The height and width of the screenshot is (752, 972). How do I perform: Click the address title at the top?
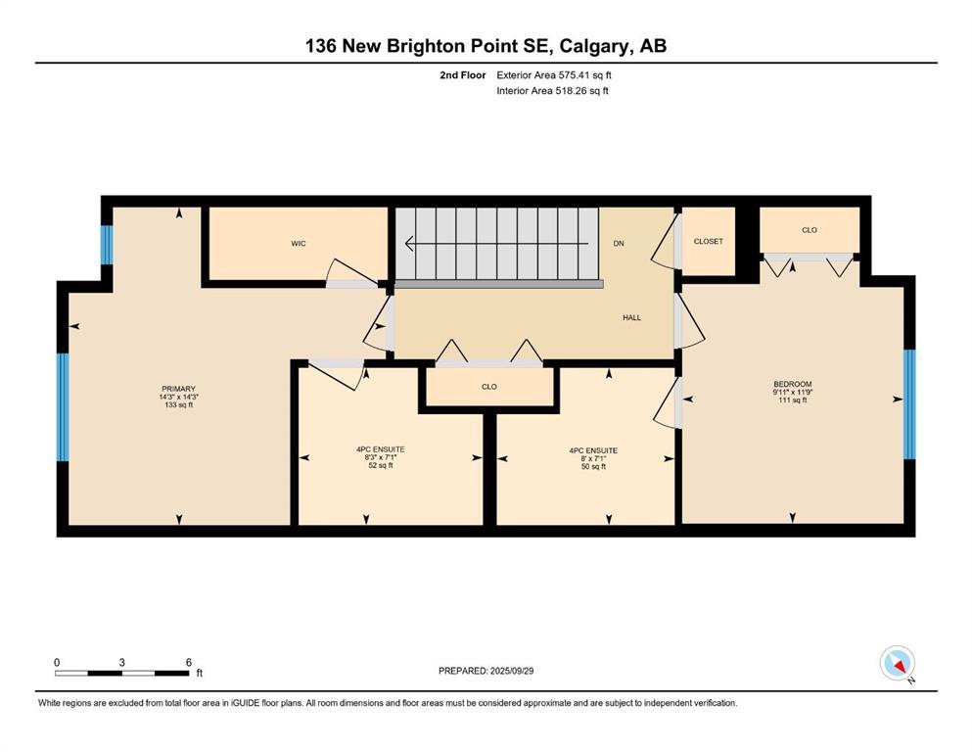click(486, 46)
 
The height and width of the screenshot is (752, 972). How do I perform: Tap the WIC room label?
click(299, 243)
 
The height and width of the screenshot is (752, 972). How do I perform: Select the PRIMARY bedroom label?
click(178, 389)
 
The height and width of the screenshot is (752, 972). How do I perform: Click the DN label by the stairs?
click(619, 243)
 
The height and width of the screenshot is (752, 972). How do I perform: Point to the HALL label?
click(632, 317)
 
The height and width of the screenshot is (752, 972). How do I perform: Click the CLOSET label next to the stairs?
click(708, 241)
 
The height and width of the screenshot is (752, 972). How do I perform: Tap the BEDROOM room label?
click(792, 384)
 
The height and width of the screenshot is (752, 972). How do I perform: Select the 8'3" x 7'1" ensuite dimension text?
click(380, 457)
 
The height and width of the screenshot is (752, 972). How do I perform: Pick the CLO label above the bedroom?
click(810, 230)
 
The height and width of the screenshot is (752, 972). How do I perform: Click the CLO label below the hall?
click(489, 387)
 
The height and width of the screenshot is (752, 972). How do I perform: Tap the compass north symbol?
click(898, 664)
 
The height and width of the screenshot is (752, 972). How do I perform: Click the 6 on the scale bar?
click(188, 662)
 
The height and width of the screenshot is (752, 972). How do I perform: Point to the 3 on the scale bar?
click(122, 662)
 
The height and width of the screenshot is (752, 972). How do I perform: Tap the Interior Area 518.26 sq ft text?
click(552, 91)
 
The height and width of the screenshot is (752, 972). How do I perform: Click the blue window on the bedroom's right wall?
click(908, 404)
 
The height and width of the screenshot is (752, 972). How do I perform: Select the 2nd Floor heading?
click(463, 74)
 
